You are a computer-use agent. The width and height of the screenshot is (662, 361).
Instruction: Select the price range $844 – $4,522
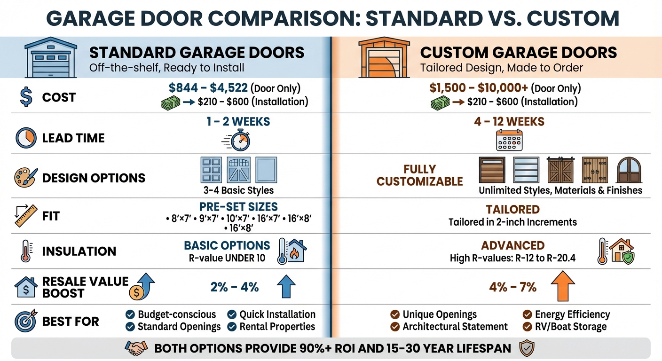[209, 88]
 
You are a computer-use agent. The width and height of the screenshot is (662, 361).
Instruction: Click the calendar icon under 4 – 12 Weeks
[509, 140]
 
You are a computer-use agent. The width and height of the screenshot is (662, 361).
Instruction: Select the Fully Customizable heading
[420, 175]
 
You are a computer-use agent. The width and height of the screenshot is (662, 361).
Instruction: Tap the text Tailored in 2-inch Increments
[512, 222]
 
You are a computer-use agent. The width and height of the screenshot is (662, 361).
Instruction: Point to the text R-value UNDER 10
[227, 258]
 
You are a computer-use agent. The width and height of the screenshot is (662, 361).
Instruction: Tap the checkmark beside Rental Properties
[232, 327]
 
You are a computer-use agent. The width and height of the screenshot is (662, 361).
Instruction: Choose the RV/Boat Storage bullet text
[571, 327]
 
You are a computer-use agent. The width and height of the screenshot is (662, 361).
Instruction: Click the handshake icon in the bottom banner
[136, 348]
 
